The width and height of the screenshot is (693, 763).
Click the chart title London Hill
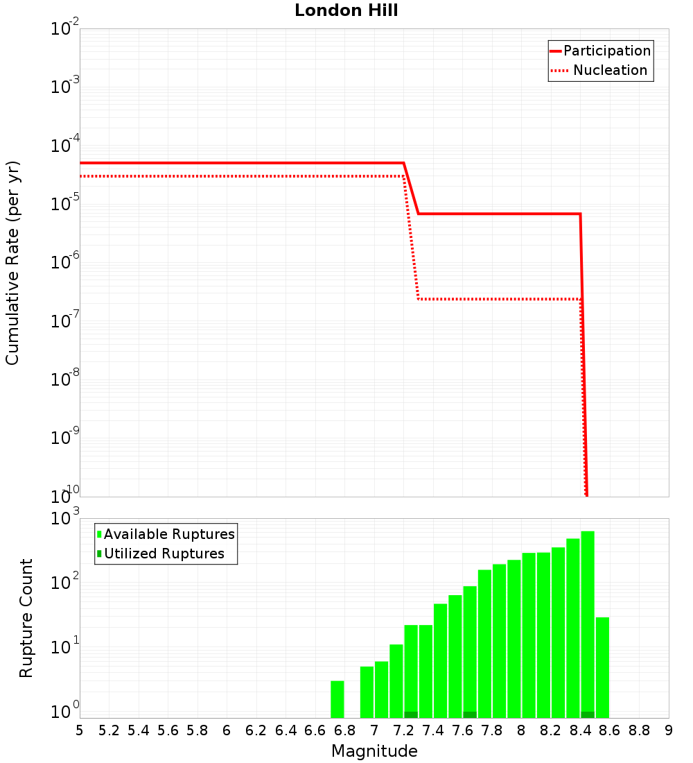[x=346, y=11]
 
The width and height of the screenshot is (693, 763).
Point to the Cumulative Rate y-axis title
[x=12, y=263]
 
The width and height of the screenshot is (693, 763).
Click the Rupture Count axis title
[x=26, y=618]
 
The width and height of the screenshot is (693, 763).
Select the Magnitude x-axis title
[x=374, y=751]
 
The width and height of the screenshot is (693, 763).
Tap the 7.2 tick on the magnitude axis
[x=403, y=730]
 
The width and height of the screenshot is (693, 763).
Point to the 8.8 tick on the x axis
[x=639, y=730]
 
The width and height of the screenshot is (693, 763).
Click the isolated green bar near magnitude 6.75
[x=337, y=699]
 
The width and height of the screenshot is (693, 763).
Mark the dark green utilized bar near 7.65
[x=470, y=714]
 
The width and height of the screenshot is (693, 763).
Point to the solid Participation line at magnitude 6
[x=227, y=163]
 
